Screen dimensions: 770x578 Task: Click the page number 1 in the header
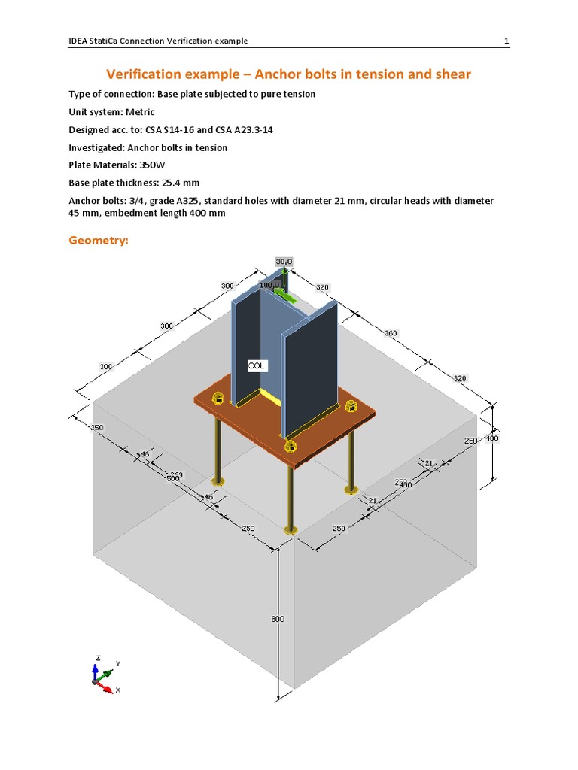[507, 41]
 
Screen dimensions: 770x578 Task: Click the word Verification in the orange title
[150, 74]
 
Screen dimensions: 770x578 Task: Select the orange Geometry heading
[99, 241]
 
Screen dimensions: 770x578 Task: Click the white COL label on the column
[257, 365]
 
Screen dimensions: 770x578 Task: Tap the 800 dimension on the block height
[278, 619]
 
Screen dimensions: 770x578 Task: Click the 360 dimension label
[391, 333]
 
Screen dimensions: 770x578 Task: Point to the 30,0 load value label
[283, 262]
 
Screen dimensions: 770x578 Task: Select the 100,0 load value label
[269, 286]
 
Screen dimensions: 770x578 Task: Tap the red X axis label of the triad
[119, 690]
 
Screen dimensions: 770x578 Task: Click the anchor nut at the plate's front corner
[291, 447]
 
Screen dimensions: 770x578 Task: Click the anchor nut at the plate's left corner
[218, 398]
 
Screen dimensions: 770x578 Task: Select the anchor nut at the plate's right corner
[349, 407]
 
